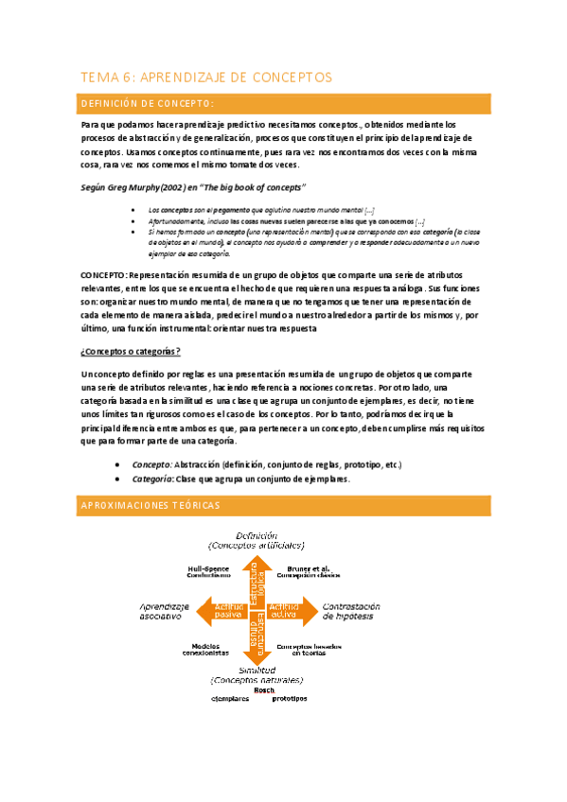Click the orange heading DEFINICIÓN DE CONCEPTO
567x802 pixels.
pos(147,103)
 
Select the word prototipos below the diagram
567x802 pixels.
pos(290,699)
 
